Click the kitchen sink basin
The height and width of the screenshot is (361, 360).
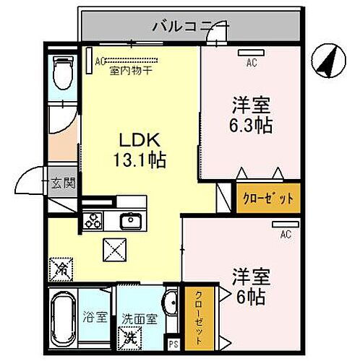click(x=131, y=219)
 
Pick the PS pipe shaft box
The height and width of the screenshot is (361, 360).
click(x=173, y=344)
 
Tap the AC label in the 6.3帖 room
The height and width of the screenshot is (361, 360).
click(x=251, y=63)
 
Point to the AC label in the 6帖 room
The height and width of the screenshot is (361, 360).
click(x=286, y=234)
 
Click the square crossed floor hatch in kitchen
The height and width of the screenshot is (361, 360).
click(x=113, y=253)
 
